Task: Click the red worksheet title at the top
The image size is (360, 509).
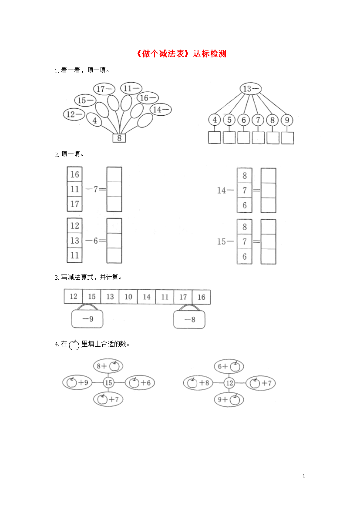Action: coord(181,54)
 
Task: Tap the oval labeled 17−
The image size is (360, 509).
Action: coord(104,89)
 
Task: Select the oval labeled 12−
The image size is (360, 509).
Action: coord(74,114)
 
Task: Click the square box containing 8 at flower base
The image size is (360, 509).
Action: coord(119,138)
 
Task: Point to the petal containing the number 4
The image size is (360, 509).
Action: coord(94,120)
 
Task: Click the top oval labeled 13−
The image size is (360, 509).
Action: coord(251,89)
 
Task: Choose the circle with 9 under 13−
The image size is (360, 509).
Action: coord(287,120)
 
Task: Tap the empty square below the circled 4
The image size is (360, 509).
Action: coord(215,137)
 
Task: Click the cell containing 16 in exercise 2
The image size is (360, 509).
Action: coord(75,174)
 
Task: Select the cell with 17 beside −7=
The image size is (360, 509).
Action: coord(75,204)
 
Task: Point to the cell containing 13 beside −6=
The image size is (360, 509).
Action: coord(75,241)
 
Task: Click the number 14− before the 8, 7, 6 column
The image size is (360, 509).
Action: coord(225,191)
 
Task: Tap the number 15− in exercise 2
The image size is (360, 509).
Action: coord(225,242)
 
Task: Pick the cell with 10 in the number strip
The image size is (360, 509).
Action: coord(128,297)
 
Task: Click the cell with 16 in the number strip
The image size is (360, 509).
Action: coord(202,297)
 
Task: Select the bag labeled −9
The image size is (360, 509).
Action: coord(87,319)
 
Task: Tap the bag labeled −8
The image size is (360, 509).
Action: coord(189,319)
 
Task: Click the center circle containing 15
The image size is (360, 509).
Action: coord(108,383)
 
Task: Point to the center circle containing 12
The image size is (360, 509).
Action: coord(229,383)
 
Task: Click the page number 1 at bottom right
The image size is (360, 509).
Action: coord(304,476)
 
